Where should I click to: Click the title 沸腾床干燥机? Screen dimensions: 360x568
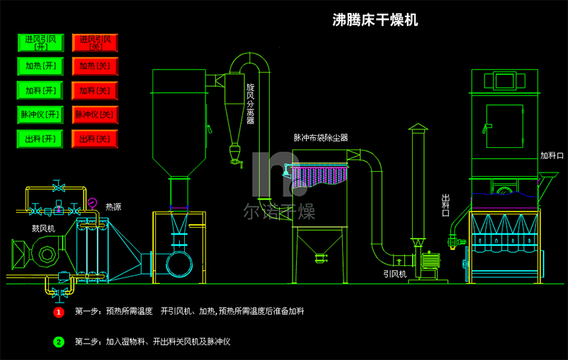[375, 19]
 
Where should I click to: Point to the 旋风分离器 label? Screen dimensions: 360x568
[250, 103]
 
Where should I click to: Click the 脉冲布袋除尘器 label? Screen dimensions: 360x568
[321, 137]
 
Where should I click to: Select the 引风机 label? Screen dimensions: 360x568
[395, 274]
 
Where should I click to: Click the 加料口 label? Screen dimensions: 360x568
[553, 155]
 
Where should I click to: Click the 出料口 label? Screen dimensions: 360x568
[445, 206]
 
